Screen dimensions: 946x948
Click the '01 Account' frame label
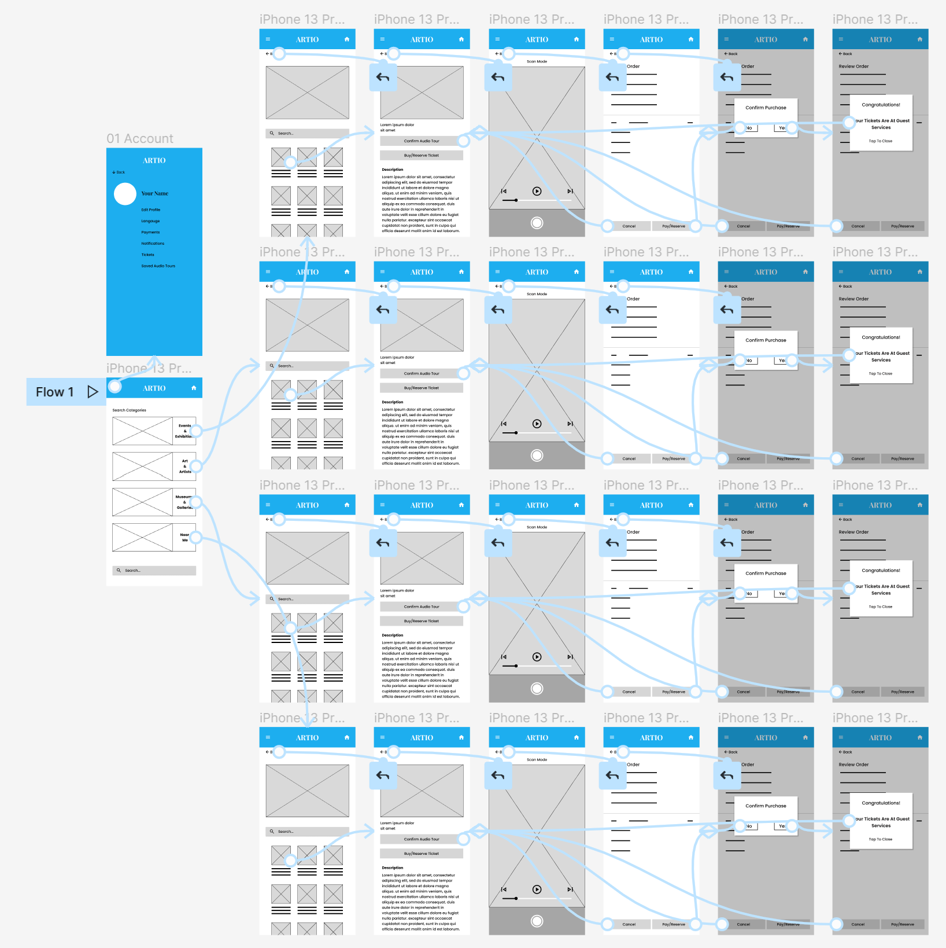click(140, 139)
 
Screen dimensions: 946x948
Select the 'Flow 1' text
click(55, 392)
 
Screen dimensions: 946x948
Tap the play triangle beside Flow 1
click(93, 392)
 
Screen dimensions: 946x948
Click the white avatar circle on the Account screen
click(125, 194)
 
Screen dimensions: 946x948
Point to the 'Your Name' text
click(155, 194)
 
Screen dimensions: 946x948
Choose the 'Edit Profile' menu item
click(151, 210)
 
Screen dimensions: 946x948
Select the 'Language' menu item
click(150, 221)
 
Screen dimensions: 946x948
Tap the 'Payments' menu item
click(150, 232)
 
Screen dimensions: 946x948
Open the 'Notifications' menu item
click(153, 244)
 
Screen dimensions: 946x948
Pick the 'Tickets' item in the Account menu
click(148, 255)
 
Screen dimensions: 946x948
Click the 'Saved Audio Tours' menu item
click(158, 266)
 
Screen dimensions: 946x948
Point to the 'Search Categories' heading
click(129, 410)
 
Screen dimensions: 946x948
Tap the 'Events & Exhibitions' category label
click(184, 431)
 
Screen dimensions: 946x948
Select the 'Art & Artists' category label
click(185, 466)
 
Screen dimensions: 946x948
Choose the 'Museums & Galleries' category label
click(184, 502)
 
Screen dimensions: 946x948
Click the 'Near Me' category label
click(185, 538)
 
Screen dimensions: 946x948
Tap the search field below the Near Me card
click(154, 571)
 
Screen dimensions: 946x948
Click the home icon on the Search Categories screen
click(194, 388)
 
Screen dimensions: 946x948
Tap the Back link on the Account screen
click(119, 172)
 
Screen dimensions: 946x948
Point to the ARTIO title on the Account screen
click(154, 161)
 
